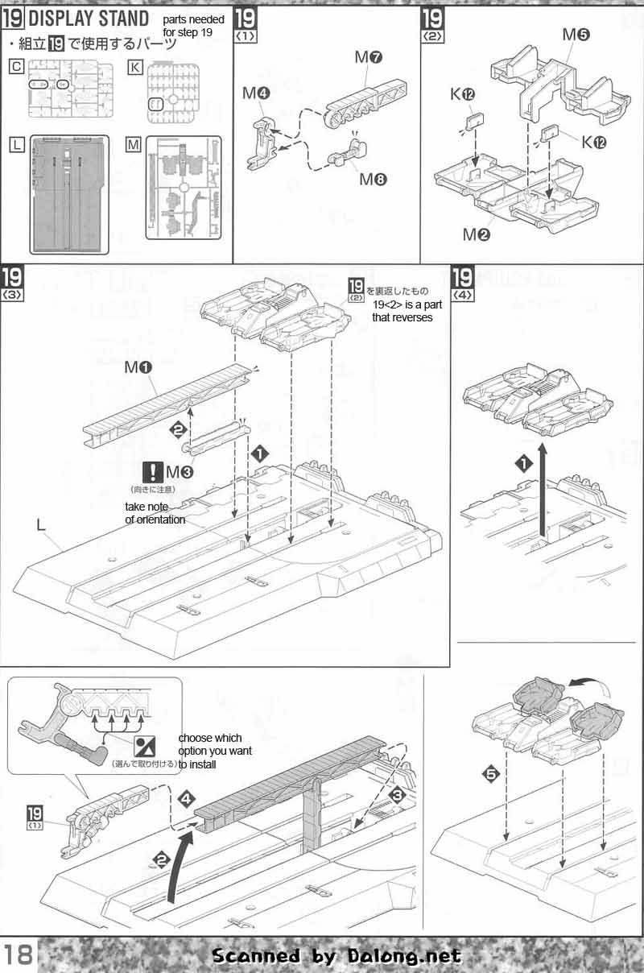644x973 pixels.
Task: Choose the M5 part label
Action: click(576, 35)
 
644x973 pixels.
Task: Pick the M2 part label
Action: click(475, 234)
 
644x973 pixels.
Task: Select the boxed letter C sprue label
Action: click(16, 68)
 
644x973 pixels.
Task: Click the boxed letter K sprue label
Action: click(135, 68)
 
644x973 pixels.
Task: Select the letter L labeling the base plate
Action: click(40, 525)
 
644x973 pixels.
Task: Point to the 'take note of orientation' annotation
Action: click(155, 513)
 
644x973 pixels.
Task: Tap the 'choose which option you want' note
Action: click(215, 750)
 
